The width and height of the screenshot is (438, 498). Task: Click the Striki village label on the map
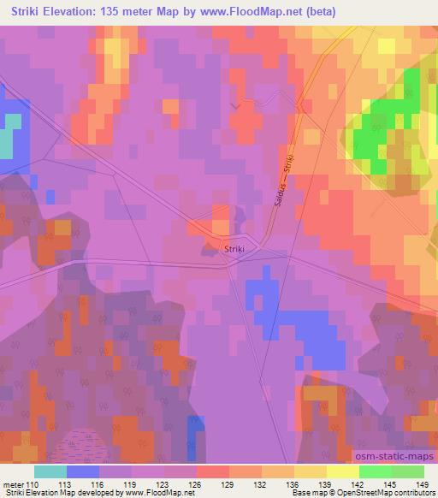(234, 249)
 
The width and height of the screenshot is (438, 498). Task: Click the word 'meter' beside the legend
(13, 484)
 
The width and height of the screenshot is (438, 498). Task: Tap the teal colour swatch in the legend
(50, 471)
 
